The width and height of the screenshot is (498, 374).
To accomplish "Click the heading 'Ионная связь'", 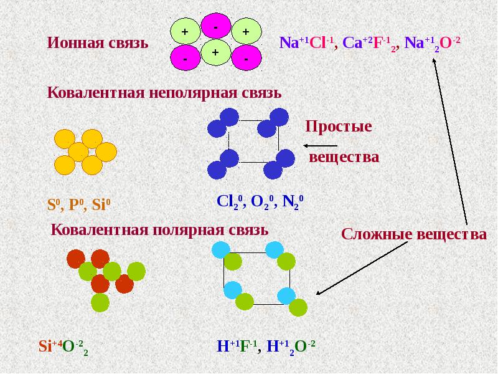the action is click(x=98, y=44).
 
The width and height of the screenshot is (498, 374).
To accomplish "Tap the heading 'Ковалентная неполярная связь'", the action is click(x=165, y=93).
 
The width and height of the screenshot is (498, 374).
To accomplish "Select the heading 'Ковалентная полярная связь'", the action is click(x=160, y=229).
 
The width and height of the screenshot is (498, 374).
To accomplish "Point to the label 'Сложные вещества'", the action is click(x=414, y=235).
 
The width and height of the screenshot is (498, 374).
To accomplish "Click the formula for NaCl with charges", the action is click(x=306, y=44).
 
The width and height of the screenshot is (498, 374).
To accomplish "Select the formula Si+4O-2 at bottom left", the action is click(x=63, y=347).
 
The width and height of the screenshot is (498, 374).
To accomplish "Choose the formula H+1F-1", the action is click(x=237, y=347).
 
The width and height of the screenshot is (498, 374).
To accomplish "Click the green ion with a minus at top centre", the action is click(x=215, y=28).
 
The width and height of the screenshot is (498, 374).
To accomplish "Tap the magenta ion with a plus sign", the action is click(x=215, y=54).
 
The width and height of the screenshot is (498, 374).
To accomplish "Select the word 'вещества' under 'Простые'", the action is click(x=344, y=157).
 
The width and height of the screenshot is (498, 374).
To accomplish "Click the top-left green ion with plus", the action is click(x=184, y=31).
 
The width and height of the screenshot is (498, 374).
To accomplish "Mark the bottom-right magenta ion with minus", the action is click(x=246, y=57).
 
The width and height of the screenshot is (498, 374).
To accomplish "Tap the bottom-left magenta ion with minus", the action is click(x=184, y=57).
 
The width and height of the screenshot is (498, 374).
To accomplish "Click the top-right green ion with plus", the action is click(x=245, y=31).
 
